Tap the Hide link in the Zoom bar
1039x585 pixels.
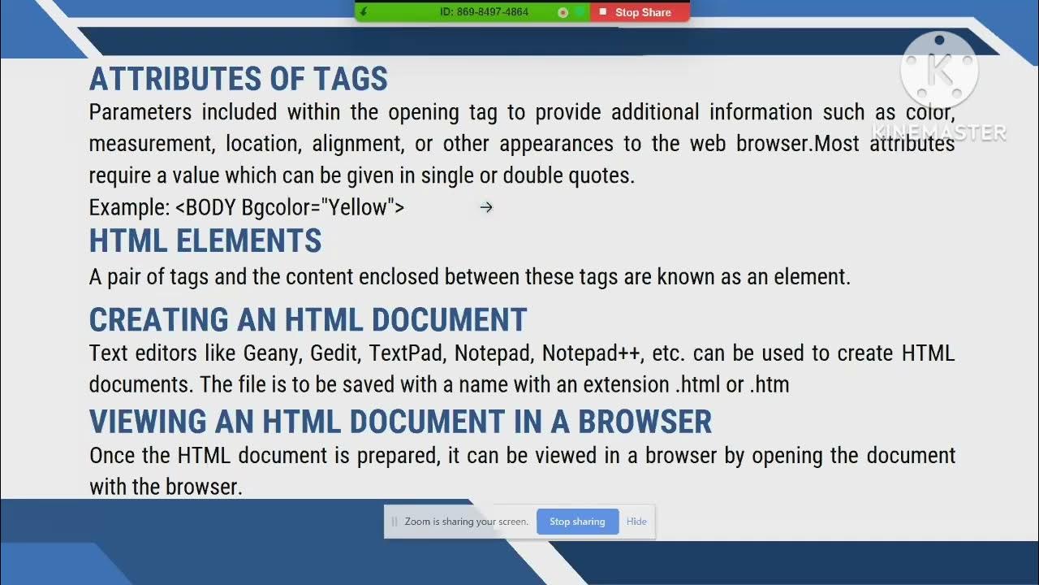pyautogui.click(x=636, y=522)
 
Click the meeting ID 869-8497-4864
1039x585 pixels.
pyautogui.click(x=484, y=12)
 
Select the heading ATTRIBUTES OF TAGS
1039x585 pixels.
pyautogui.click(x=239, y=79)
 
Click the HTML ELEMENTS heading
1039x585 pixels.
pyautogui.click(x=205, y=241)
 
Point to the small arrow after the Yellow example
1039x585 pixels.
pyautogui.click(x=486, y=208)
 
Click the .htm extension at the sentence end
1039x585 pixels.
pyautogui.click(x=770, y=384)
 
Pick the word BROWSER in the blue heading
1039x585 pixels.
pyautogui.click(x=645, y=422)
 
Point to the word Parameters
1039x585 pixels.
pyautogui.click(x=140, y=112)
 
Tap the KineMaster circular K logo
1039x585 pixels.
pyautogui.click(x=939, y=71)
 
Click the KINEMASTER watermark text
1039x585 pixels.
pyautogui.click(x=939, y=132)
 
